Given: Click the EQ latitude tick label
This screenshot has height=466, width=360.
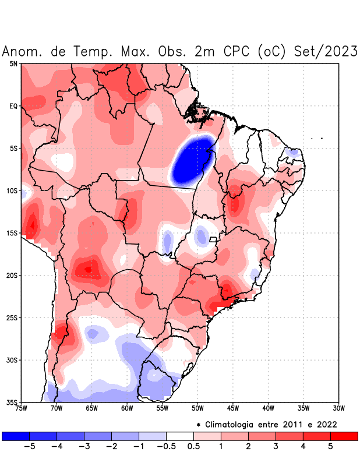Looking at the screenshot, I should (13, 106).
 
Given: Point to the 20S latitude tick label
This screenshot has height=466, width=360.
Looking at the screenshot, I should (12, 276).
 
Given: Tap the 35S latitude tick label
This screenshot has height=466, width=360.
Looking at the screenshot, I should (12, 403).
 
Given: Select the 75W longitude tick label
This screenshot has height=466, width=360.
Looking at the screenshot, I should (22, 408).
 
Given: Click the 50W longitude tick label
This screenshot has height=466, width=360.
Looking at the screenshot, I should (197, 408).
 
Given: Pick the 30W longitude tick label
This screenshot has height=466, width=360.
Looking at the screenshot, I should (338, 408).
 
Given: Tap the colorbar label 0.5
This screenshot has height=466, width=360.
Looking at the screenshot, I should (194, 446).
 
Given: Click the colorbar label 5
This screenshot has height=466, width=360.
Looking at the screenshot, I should (330, 446).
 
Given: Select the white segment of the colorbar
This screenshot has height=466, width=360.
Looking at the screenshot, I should (180, 436).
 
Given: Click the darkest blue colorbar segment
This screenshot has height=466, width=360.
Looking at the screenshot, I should (16, 436).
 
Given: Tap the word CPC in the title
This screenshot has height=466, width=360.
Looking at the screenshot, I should (236, 51).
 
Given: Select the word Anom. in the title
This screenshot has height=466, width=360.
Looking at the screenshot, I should (23, 51).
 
